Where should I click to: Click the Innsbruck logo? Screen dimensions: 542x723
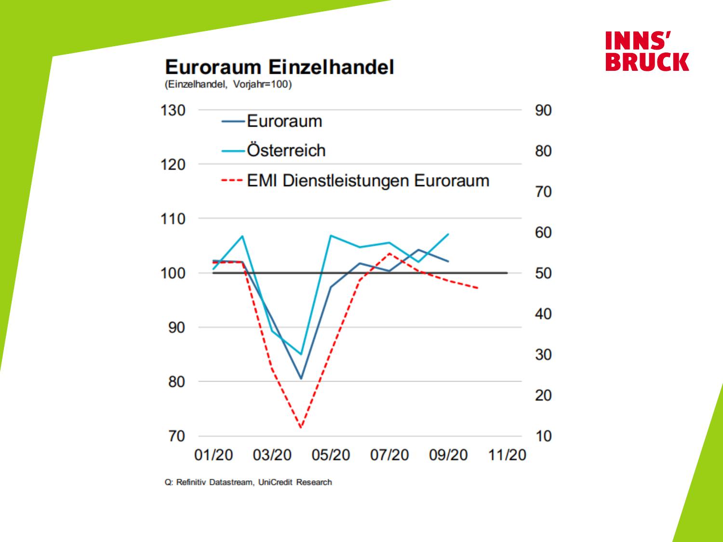tap(647, 51)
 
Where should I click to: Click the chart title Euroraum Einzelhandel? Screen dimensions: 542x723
tap(279, 67)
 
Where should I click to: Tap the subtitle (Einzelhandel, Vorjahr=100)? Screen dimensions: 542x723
tap(228, 85)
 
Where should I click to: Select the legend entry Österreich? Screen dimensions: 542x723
tap(286, 150)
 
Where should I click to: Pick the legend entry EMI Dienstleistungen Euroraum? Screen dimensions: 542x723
tap(368, 181)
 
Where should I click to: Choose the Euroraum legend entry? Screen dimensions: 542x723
tap(284, 121)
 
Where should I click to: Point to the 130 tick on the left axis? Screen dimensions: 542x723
tap(173, 110)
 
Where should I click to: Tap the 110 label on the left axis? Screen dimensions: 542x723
tap(173, 219)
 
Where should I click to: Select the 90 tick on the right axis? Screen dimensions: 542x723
tap(543, 110)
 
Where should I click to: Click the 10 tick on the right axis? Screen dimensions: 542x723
tap(543, 436)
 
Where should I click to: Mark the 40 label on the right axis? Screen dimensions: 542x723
tap(543, 314)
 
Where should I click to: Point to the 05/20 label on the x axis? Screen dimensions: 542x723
tap(331, 455)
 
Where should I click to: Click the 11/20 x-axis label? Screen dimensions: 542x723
tap(507, 455)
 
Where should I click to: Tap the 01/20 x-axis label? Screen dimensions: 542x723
tap(213, 455)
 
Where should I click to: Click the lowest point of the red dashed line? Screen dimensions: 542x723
tap(301, 427)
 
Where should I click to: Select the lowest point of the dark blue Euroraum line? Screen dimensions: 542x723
tap(301, 378)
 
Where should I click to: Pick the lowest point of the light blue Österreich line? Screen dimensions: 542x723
tap(301, 354)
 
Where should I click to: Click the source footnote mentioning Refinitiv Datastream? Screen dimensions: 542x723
tap(248, 482)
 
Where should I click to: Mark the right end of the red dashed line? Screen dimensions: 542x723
tap(478, 288)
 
